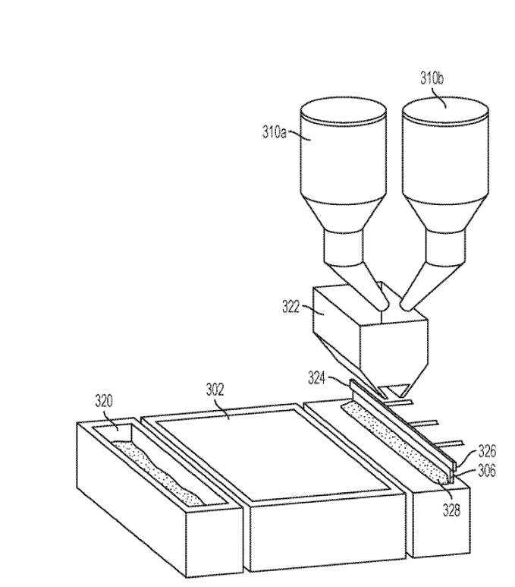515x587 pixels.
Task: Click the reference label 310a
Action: click(274, 133)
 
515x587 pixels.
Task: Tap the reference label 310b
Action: click(432, 79)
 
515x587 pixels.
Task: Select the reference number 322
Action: click(291, 307)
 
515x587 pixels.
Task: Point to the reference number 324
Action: click(316, 377)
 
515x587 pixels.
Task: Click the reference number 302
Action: click(215, 390)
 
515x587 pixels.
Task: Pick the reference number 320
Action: click(104, 401)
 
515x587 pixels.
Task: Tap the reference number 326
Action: click(487, 452)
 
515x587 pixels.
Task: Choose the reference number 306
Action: click(487, 471)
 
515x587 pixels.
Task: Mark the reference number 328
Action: click(451, 510)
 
